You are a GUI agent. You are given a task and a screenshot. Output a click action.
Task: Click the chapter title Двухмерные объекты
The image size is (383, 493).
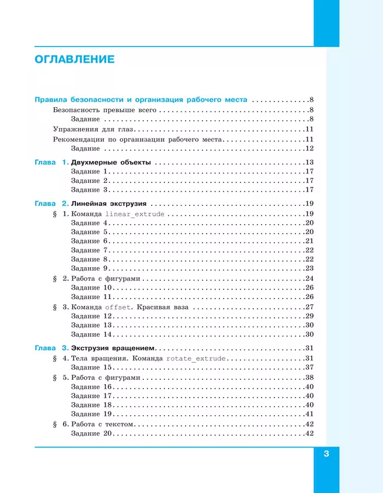(115, 162)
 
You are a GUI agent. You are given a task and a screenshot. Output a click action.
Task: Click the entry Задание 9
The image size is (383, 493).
(89, 268)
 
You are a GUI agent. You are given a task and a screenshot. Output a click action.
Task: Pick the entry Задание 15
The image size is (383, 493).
(91, 367)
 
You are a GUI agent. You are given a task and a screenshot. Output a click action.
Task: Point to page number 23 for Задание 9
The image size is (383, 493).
(309, 268)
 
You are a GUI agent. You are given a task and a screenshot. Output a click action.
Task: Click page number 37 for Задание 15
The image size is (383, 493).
(309, 367)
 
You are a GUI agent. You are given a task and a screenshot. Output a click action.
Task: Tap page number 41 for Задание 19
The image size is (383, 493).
(309, 414)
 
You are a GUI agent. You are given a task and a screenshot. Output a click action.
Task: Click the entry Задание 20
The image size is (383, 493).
(91, 434)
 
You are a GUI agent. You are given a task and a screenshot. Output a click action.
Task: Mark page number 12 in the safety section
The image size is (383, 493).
(309, 148)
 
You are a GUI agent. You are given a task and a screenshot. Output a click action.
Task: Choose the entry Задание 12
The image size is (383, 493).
(91, 317)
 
